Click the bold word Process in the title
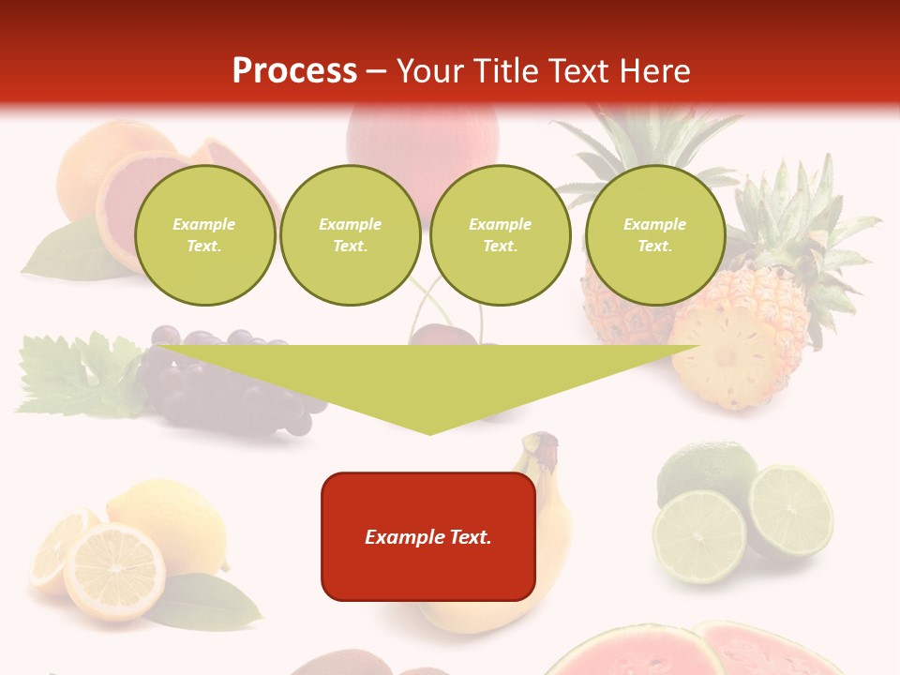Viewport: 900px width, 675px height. (294, 71)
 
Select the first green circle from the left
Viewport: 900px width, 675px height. (204, 235)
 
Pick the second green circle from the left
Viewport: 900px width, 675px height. (350, 235)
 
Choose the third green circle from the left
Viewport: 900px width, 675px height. (500, 235)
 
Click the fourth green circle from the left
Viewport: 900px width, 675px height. (654, 235)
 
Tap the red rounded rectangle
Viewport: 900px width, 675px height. (428, 536)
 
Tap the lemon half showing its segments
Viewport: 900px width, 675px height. (113, 571)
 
